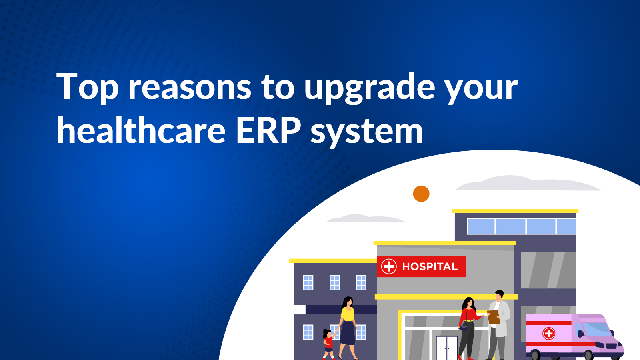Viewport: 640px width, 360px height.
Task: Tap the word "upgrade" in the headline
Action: coord(370,88)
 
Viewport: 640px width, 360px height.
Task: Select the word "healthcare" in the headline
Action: coord(141,131)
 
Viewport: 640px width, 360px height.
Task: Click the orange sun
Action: coord(421,194)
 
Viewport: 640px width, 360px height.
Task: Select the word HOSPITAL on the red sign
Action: coord(430,267)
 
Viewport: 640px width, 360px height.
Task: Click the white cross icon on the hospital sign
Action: coord(388,266)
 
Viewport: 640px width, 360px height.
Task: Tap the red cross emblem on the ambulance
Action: coord(549,333)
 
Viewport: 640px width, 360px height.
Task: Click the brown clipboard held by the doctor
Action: coord(494,317)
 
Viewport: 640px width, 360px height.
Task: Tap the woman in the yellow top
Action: coord(347,326)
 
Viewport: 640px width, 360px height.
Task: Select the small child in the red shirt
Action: coord(328,343)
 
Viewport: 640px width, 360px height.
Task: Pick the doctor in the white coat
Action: coord(499,324)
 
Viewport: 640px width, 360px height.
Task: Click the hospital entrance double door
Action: coord(446,348)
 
